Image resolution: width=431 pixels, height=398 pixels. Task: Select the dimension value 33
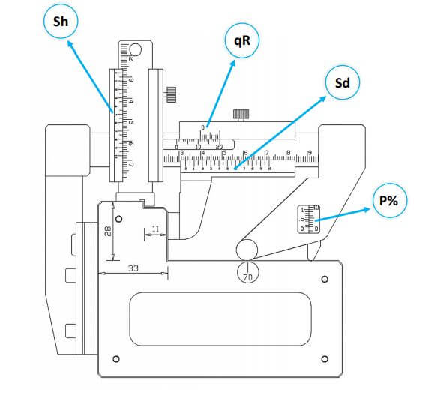pos(133,268)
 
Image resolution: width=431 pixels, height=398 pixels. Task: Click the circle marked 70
pos(247,275)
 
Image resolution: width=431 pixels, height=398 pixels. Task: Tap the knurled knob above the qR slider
pos(241,114)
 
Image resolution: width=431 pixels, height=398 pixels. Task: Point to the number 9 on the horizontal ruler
pos(309,154)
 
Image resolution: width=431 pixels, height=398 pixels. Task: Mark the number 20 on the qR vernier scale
pos(219,147)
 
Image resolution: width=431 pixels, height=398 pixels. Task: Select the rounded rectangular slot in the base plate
pos(220,319)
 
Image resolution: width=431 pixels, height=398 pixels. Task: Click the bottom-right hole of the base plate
pos(324,359)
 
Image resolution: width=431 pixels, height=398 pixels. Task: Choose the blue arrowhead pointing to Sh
pos(68,43)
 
